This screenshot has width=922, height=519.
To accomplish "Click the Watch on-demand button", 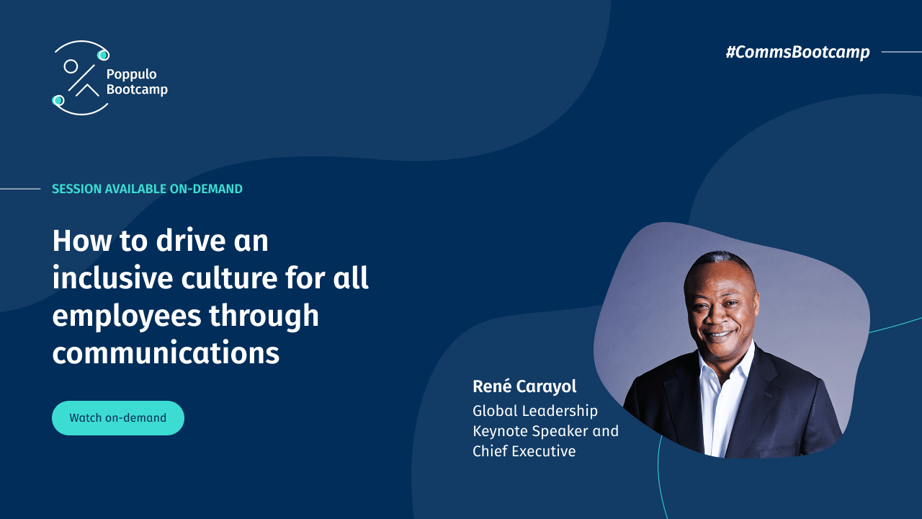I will pyautogui.click(x=118, y=418).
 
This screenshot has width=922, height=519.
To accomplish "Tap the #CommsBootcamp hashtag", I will pyautogui.click(x=797, y=52).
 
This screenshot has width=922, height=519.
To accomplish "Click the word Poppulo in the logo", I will pyautogui.click(x=131, y=74).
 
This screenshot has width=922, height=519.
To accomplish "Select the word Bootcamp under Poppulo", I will pyautogui.click(x=137, y=89).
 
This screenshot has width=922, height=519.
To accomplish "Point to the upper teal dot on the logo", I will pyautogui.click(x=103, y=55).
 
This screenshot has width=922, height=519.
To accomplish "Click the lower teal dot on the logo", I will pyautogui.click(x=58, y=100).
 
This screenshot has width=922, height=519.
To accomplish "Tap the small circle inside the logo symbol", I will pyautogui.click(x=71, y=66).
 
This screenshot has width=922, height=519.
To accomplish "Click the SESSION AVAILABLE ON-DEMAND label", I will pyautogui.click(x=147, y=189).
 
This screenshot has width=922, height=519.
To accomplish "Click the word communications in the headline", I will pyautogui.click(x=166, y=353).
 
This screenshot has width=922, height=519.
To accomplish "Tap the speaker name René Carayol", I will pyautogui.click(x=524, y=386).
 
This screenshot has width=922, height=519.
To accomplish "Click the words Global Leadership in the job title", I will pyautogui.click(x=535, y=411).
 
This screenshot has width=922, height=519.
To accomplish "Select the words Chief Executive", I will pyautogui.click(x=524, y=451).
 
